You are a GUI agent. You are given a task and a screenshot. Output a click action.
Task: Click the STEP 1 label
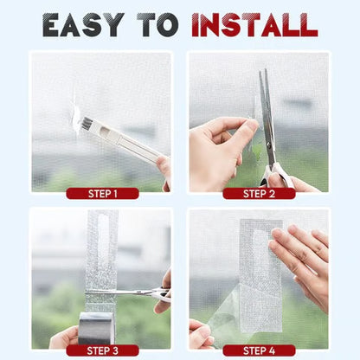click(x=101, y=193)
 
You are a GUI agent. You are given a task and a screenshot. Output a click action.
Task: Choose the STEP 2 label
click(x=258, y=193)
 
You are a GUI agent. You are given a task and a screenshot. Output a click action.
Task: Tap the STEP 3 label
click(x=101, y=350)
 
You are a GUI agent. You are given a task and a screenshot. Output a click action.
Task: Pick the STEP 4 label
click(x=258, y=350)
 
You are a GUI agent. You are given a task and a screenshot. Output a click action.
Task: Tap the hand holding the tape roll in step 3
click(x=62, y=337)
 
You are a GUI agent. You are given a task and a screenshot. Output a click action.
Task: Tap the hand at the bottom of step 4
click(x=201, y=335)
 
